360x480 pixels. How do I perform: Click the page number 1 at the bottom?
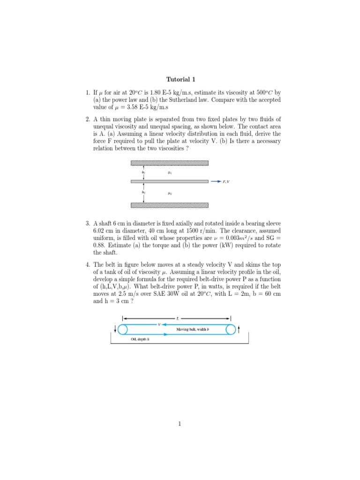coord(180,424)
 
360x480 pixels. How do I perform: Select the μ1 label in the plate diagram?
coord(169,173)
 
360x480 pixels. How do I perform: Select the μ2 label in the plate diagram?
coord(169,193)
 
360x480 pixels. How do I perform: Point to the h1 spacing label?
coord(143,173)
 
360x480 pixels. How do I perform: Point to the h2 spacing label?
coord(143,192)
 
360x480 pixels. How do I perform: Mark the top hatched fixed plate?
coord(169,163)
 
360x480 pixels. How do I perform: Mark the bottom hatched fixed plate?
coord(169,205)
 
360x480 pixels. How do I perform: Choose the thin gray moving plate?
coord(169,181)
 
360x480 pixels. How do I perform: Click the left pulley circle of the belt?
coord(123,330)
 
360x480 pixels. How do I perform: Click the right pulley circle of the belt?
coord(231,330)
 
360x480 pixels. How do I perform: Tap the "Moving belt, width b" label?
coord(192,330)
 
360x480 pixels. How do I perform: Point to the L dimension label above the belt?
coord(177,318)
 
